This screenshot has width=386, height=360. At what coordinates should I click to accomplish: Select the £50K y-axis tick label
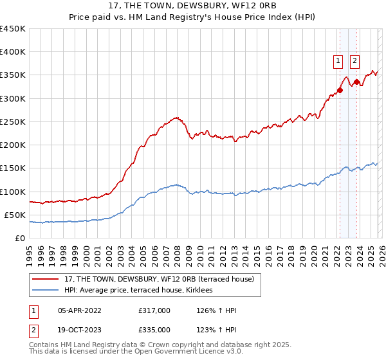click(15, 215)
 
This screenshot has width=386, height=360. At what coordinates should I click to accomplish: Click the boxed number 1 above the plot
click(338, 61)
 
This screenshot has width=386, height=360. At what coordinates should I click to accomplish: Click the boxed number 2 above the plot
click(354, 61)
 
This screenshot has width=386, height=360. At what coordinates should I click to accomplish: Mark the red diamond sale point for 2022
click(340, 90)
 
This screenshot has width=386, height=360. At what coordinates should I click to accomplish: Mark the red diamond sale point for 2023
click(357, 82)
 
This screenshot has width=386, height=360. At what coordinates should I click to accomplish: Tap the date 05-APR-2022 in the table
click(79, 310)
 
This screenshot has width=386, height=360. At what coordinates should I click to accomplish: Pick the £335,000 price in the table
click(154, 329)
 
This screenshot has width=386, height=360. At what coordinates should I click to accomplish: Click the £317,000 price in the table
click(154, 310)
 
